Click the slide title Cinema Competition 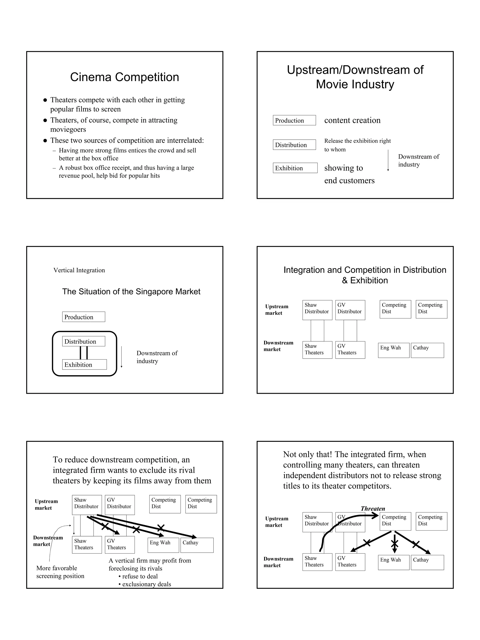pos(124,77)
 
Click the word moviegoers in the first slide pos(68,129)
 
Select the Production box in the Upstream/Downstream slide pos(294,120)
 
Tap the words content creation pos(352,120)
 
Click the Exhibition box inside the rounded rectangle pos(84,365)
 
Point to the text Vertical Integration pos(79,270)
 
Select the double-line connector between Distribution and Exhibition pos(84,353)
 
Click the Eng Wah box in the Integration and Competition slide pos(393,350)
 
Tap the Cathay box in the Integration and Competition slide pos(427,350)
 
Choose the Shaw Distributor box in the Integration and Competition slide pos(317,310)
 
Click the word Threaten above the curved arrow pos(373,508)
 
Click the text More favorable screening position pos(60,572)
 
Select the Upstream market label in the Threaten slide pos(277,522)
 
